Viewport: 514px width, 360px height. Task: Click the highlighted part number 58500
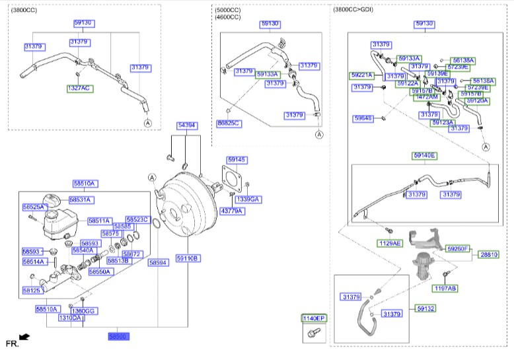point(119,337)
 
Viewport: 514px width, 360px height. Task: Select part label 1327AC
point(79,88)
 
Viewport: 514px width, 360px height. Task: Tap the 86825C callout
point(229,124)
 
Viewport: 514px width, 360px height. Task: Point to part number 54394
point(186,125)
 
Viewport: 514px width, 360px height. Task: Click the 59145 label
point(237,160)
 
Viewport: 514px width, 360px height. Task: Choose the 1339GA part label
point(248,199)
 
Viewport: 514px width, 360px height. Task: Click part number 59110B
point(188,258)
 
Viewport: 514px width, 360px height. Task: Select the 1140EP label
point(314,318)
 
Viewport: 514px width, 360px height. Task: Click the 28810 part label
point(490,254)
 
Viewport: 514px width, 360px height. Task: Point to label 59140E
point(425,155)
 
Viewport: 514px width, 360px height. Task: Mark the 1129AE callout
point(389,243)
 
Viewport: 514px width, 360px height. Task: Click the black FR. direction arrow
point(24,338)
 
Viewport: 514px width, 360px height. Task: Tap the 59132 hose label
point(426,308)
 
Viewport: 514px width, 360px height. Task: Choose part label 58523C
point(138,219)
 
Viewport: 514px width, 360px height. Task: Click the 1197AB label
point(445,288)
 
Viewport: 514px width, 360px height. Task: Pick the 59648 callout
point(363,118)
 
